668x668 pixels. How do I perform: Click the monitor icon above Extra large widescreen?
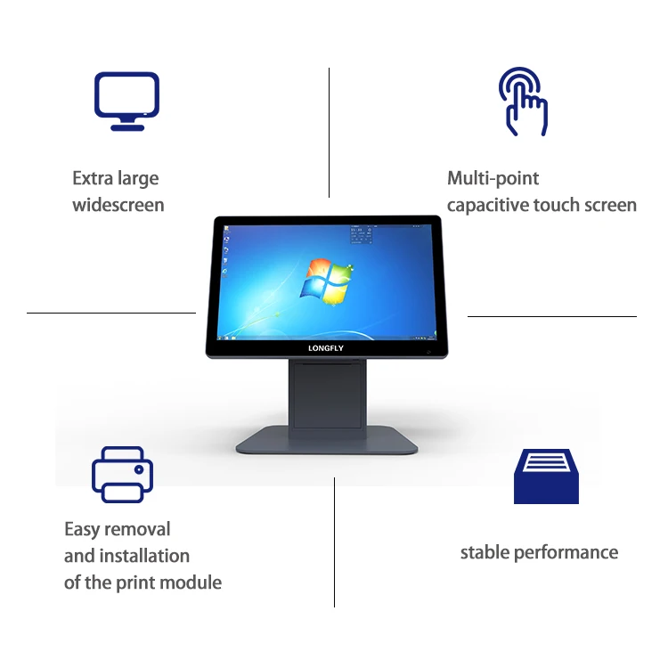[x=127, y=100]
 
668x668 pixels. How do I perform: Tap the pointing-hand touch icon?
[x=524, y=103]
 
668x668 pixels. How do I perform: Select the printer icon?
[x=122, y=474]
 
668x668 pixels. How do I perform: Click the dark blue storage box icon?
[x=546, y=474]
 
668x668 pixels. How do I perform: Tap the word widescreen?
[x=118, y=206]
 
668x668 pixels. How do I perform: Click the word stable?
[x=483, y=553]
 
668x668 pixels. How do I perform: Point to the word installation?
[x=145, y=556]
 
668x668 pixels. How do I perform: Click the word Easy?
[x=81, y=530]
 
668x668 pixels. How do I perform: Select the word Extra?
[x=92, y=178]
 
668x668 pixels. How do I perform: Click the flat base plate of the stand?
[x=326, y=440]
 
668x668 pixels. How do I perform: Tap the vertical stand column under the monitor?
[x=326, y=392]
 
